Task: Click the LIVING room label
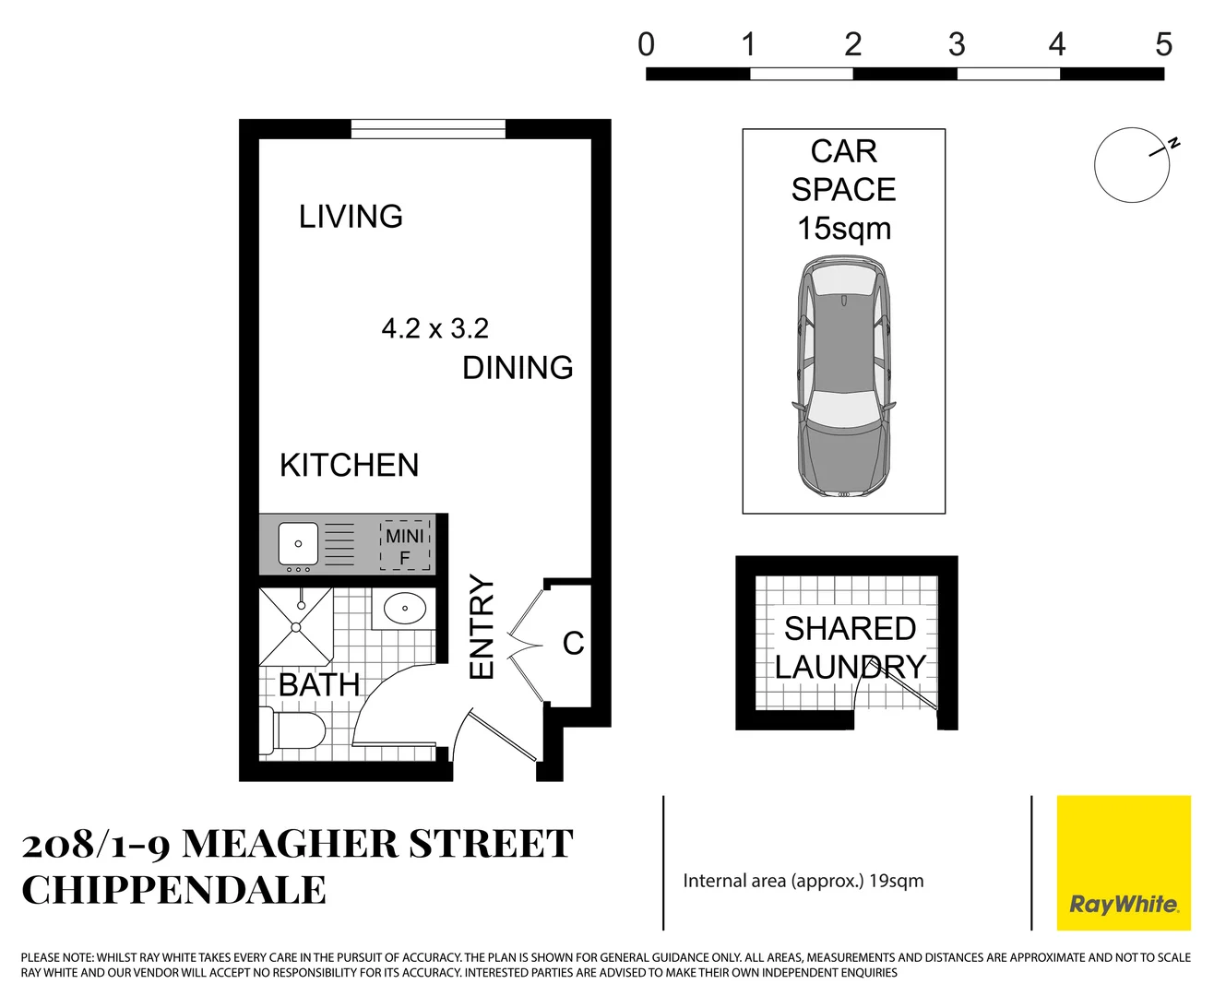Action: (x=351, y=217)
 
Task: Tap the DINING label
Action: (x=518, y=367)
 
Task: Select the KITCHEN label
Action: (x=349, y=465)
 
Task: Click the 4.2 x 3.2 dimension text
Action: (x=434, y=328)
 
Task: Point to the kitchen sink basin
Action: (x=298, y=543)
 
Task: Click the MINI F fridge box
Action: (x=405, y=547)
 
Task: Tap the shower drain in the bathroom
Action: (x=296, y=627)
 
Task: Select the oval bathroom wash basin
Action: (x=404, y=609)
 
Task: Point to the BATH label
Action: (x=319, y=685)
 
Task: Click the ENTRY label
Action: (x=482, y=627)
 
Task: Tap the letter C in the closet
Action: (x=573, y=643)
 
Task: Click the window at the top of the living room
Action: (x=428, y=129)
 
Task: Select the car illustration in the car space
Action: (x=843, y=378)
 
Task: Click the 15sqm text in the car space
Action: (x=844, y=228)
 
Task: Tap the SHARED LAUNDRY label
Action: (x=849, y=647)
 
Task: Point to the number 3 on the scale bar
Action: (x=957, y=44)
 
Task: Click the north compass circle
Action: (x=1132, y=165)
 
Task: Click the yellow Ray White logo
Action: (x=1123, y=863)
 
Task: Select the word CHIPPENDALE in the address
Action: (x=174, y=891)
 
